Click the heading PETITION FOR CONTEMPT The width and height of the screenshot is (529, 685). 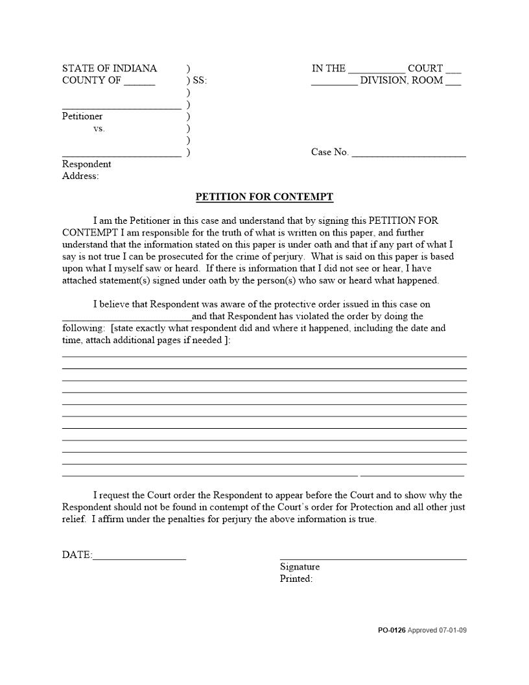coord(264,197)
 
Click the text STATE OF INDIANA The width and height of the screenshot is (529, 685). coord(110,68)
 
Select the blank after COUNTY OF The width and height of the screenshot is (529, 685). coord(139,82)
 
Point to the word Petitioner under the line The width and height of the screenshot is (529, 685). coord(82,117)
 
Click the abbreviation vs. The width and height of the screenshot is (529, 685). coord(99,128)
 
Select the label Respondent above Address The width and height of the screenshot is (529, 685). coord(86,164)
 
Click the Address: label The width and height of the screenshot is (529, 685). coord(80,176)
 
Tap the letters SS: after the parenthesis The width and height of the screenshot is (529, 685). coord(200,81)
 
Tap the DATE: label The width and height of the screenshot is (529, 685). coord(77,555)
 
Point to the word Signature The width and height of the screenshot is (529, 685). coord(300,567)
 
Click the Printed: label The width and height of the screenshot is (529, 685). coord(296,579)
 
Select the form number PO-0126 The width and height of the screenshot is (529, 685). coord(392,630)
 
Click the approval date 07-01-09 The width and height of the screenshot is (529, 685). coord(453,630)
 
